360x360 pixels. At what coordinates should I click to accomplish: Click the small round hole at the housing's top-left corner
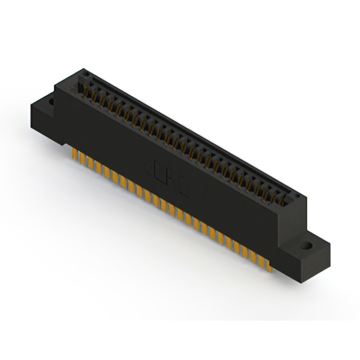84,73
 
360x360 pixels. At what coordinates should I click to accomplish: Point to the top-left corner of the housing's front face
56,86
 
